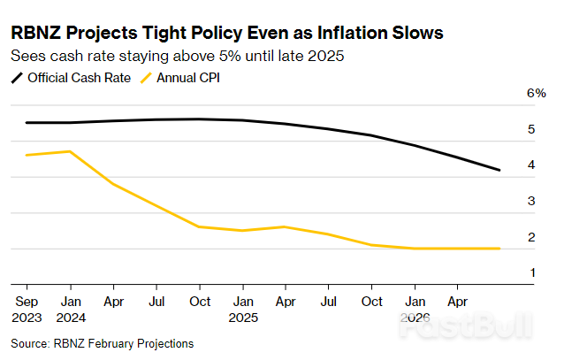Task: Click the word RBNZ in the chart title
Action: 38,34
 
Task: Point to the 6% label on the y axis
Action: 536,93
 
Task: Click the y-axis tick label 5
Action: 531,129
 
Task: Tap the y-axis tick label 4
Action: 531,165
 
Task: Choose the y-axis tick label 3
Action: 531,202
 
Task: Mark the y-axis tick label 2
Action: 531,237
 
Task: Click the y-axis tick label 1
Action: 531,273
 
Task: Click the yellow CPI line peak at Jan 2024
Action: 69,151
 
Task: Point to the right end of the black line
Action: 499,170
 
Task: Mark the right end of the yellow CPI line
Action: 499,249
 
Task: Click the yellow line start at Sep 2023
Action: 27,155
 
